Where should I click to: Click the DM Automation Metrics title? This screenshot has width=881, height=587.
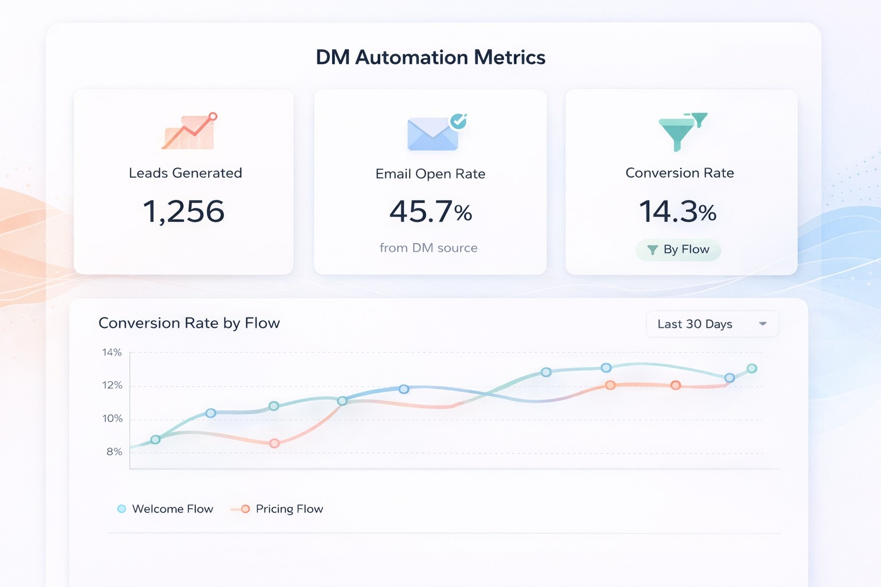coord(430,57)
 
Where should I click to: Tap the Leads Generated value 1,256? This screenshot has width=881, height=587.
coord(184,212)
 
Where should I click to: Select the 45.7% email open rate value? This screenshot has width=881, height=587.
coord(430,212)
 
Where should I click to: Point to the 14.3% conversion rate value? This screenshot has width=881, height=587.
coord(677,212)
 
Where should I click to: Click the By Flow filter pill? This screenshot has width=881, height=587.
coord(679,250)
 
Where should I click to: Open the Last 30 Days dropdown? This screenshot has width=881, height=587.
coord(712,324)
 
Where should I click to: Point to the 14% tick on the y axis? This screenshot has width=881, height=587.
coord(112,353)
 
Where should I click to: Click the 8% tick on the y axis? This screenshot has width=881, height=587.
coord(114,452)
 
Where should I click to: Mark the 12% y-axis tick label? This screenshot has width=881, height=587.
coord(112,385)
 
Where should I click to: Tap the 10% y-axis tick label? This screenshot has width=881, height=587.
coord(112,418)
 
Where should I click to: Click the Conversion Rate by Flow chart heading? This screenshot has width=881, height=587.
coord(189,323)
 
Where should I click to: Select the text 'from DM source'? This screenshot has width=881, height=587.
coord(428,248)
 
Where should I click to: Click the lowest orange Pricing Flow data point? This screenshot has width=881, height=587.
coord(274,443)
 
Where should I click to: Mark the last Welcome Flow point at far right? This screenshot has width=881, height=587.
coord(752,369)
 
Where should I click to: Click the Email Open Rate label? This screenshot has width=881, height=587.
coord(430,174)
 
